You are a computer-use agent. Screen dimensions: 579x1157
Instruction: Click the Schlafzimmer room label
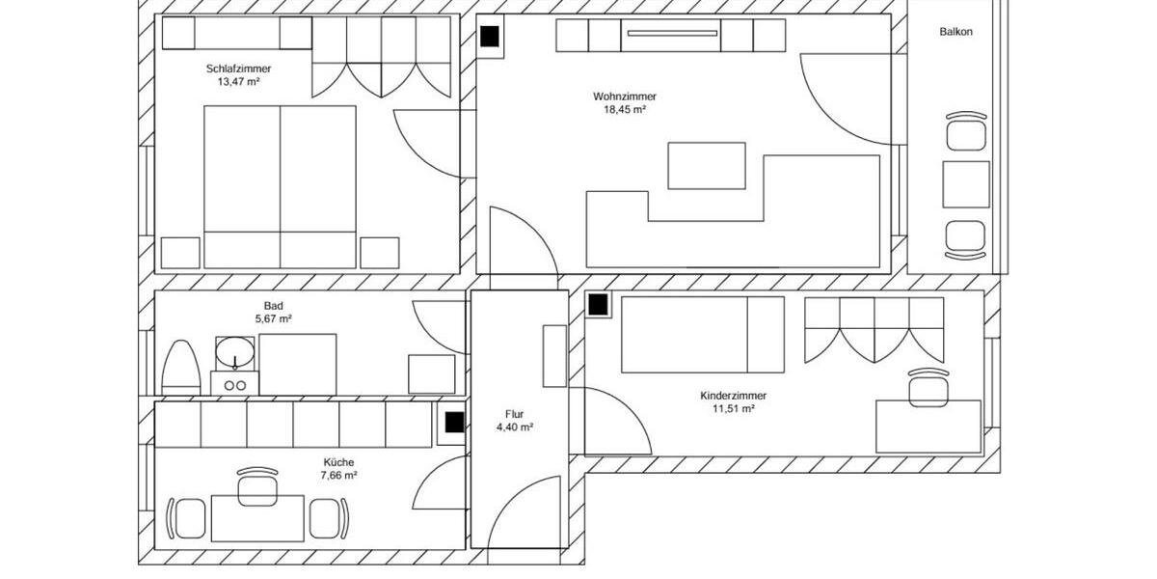[x=238, y=69]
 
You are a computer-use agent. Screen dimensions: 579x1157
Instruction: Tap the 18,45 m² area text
[x=625, y=110]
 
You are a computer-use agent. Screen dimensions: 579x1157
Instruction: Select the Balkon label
[x=955, y=32]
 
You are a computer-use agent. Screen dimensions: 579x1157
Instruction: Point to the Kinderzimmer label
[x=733, y=396]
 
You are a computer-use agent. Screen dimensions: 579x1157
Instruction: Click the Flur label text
[x=514, y=414]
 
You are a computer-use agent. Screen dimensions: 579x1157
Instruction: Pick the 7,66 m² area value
[x=339, y=476]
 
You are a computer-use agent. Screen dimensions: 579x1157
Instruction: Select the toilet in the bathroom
[x=180, y=367]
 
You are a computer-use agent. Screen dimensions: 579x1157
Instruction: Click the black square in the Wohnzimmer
[x=490, y=37]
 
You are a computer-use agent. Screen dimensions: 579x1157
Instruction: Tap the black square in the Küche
[x=454, y=422]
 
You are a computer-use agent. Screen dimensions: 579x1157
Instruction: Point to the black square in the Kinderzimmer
[x=598, y=304]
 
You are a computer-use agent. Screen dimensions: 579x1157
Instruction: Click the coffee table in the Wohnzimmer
[x=707, y=166]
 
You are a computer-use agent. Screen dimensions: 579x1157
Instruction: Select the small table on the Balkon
[x=965, y=183]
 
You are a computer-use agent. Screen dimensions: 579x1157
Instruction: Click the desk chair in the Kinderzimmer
[x=928, y=384]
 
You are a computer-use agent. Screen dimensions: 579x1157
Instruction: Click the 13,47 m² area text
[x=238, y=82]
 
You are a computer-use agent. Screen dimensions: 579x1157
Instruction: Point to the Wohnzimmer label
[x=625, y=96]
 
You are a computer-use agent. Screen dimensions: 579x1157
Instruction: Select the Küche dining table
[x=257, y=518]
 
